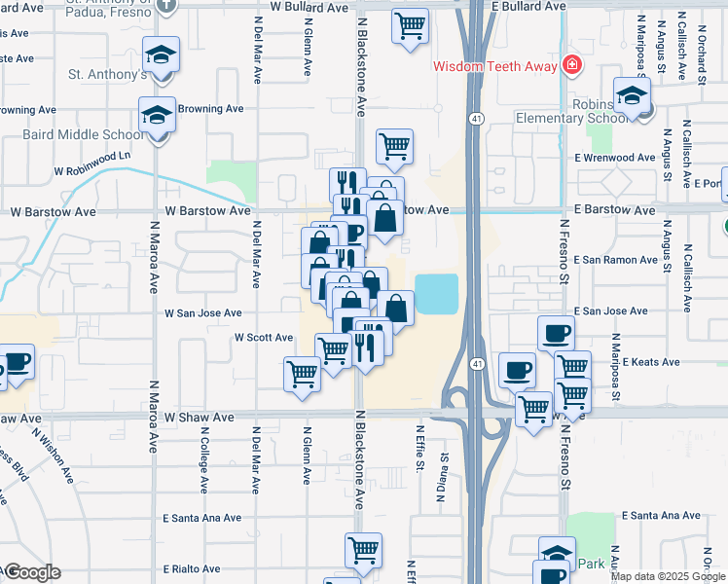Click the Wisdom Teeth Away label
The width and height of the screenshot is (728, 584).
pyautogui.click(x=494, y=66)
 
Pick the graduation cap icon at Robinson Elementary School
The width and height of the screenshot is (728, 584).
pyautogui.click(x=633, y=96)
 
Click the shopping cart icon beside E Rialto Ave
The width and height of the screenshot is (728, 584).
pyautogui.click(x=363, y=550)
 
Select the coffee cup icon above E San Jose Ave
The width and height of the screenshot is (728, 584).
pyautogui.click(x=556, y=334)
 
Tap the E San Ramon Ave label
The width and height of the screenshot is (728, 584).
pyautogui.click(x=616, y=260)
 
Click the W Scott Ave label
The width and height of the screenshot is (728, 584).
pyautogui.click(x=263, y=338)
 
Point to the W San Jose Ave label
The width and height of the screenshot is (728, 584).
pyautogui.click(x=202, y=313)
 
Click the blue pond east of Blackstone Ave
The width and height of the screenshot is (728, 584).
pyautogui.click(x=437, y=293)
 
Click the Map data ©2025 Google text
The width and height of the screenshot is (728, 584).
pyautogui.click(x=668, y=576)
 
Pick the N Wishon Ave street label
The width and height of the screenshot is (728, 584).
pyautogui.click(x=53, y=457)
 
